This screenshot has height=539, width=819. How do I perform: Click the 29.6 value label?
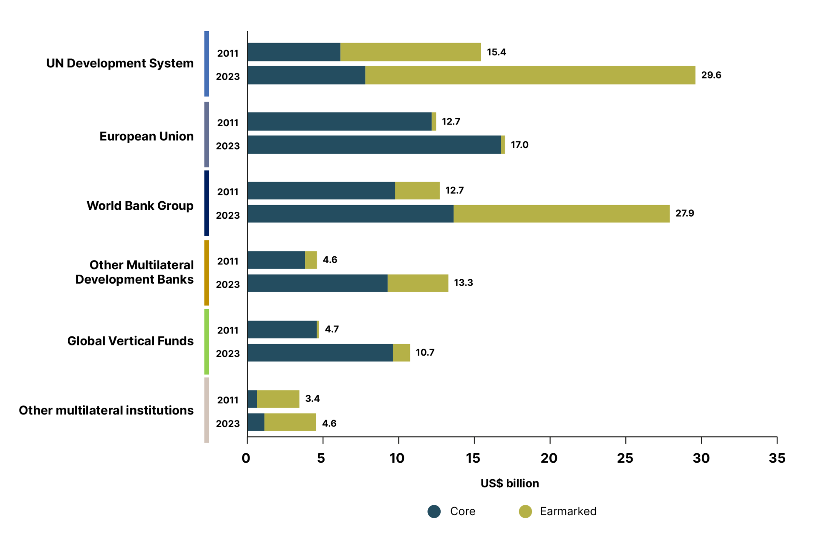pos(711,75)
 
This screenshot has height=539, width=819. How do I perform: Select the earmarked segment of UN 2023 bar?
pos(530,75)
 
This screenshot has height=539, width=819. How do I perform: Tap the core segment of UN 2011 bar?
pos(293,52)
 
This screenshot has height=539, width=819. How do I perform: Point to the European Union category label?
pos(146,136)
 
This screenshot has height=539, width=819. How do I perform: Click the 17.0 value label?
pos(519,145)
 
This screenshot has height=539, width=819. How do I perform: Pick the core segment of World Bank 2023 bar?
pos(350,214)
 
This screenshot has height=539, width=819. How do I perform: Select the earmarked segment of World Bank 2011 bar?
pos(417,191)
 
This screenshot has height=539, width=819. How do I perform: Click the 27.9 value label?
pos(684,213)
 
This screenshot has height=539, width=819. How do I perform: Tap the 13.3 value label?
pos(463,283)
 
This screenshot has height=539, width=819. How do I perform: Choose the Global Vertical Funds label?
pos(130,341)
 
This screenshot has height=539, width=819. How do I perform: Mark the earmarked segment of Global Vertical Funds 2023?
pos(401,353)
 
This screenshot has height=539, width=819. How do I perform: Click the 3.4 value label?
pos(312,399)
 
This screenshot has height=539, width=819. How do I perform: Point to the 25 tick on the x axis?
pos(624,458)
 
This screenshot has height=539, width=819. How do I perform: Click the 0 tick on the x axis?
pos(246,458)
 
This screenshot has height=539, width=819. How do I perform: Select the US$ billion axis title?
pos(509,483)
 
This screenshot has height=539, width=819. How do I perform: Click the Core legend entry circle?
pos(434,511)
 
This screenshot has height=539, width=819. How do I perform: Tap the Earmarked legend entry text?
pos(568,511)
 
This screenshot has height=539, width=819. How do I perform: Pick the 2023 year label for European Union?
pos(227,146)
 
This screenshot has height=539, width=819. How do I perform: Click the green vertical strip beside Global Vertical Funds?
pos(206,342)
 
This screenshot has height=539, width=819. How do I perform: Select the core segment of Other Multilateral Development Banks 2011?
pos(276,260)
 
